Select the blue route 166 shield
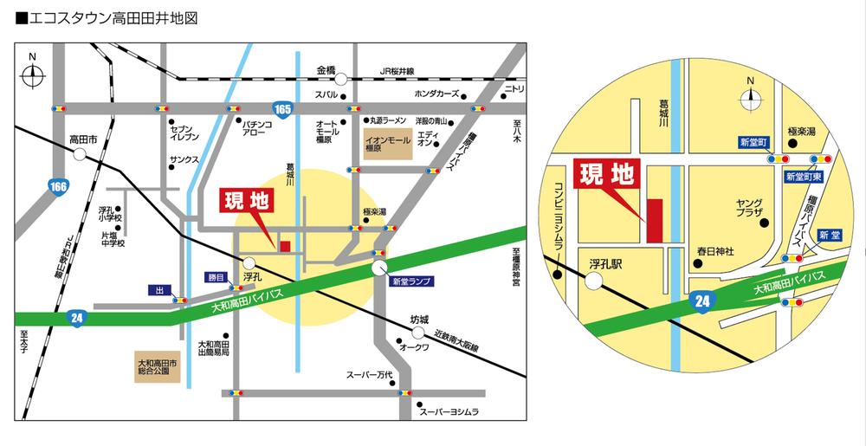click(x=58, y=187)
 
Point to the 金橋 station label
click(x=326, y=69)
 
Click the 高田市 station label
click(x=83, y=139)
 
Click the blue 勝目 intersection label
click(x=215, y=277)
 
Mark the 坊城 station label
click(x=419, y=318)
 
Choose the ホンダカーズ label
click(x=436, y=94)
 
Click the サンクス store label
click(x=184, y=160)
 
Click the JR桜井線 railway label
click(x=397, y=71)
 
